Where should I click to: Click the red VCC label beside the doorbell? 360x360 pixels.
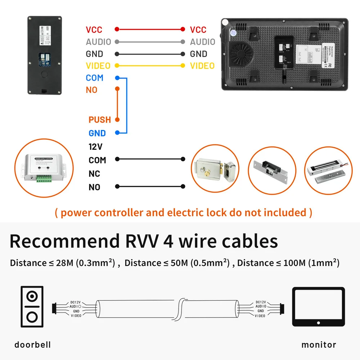coord(94,30)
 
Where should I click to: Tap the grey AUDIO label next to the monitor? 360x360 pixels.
coord(202,42)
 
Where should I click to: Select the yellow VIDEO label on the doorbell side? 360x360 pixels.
coord(98,66)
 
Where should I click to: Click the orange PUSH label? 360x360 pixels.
coord(100,120)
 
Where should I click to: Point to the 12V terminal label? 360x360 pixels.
coord(95,147)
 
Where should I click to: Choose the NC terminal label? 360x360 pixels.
coord(94,174)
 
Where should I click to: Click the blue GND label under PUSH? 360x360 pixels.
coord(97,133)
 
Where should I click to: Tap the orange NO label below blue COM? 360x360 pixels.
coord(91,90)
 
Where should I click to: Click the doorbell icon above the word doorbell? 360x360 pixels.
coord(32,307)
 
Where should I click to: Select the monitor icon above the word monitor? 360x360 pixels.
coord(318,307)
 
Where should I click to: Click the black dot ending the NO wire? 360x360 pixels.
coord(183,186)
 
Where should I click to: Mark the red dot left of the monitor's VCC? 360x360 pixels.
coord(183,30)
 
